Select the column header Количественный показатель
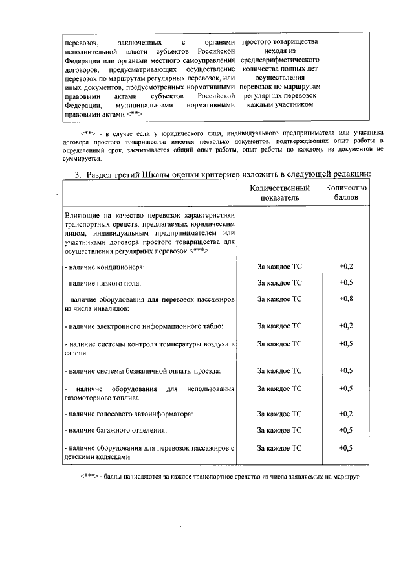[x=279, y=193]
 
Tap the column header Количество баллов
[x=346, y=193]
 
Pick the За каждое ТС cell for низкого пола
[x=279, y=283]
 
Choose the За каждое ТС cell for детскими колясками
[x=279, y=447]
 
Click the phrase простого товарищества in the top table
[x=279, y=41]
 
